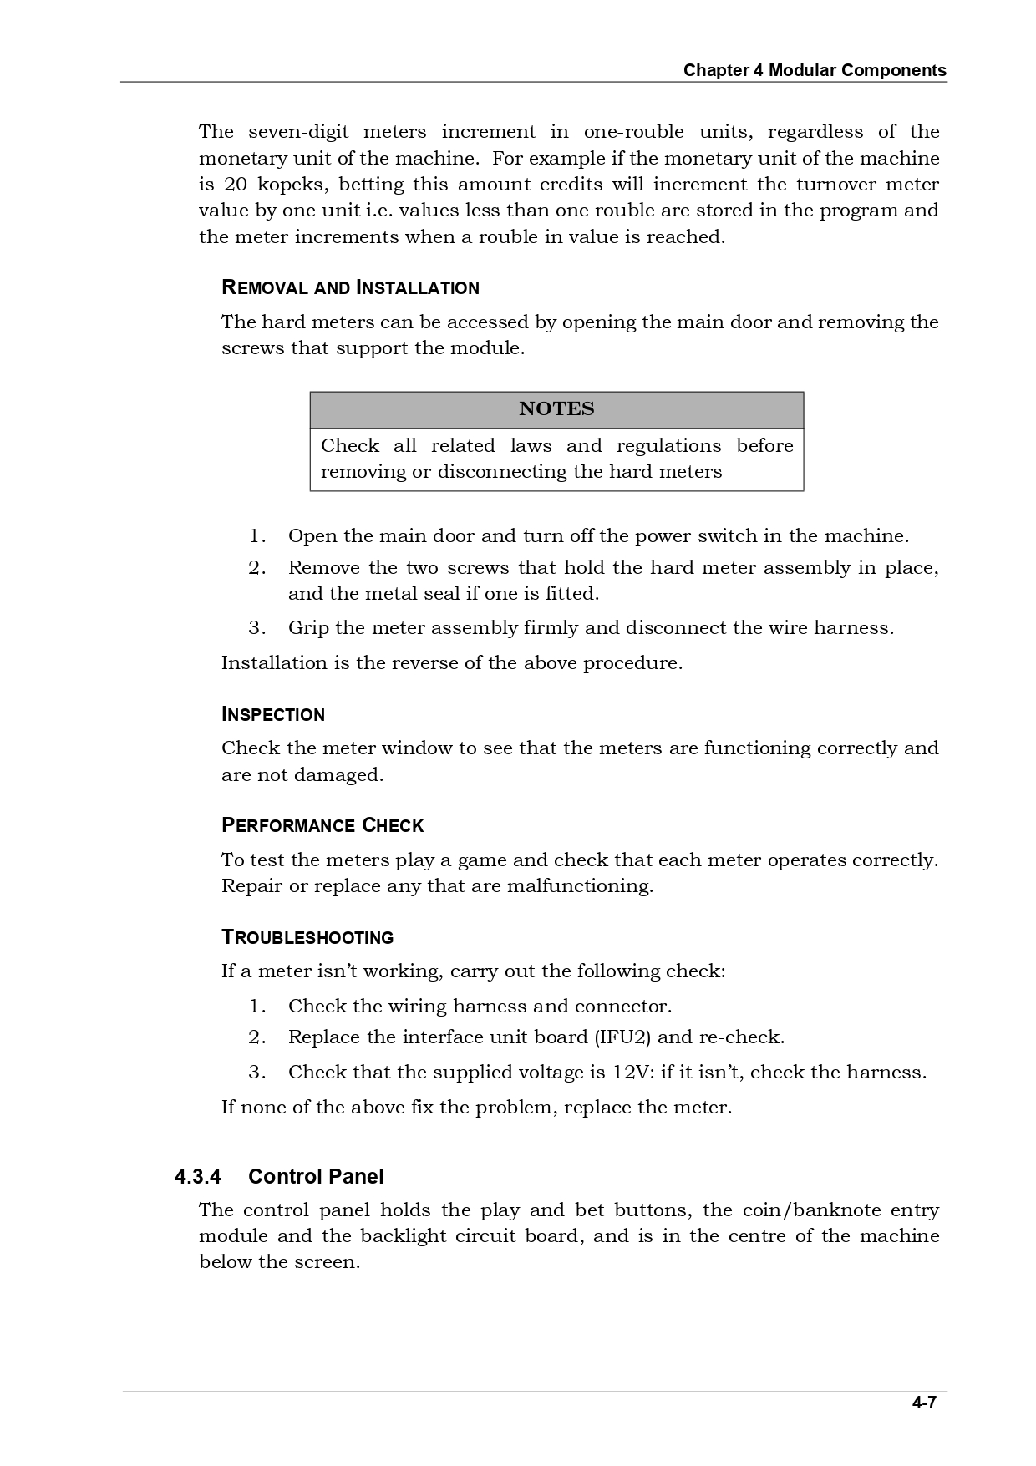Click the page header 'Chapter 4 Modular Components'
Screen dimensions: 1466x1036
815,70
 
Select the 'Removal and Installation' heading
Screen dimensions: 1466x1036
350,288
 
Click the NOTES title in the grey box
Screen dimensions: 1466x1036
556,408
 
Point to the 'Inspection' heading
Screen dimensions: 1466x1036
273,715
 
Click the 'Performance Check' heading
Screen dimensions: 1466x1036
322,826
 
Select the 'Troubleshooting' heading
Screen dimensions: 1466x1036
307,937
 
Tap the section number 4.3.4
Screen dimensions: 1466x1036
198,1177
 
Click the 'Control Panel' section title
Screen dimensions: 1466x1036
316,1177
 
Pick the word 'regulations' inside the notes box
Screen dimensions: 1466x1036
668,446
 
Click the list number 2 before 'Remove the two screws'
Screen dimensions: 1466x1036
256,568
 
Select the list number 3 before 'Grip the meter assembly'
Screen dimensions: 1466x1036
256,628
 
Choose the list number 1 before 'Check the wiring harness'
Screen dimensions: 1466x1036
256,1007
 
